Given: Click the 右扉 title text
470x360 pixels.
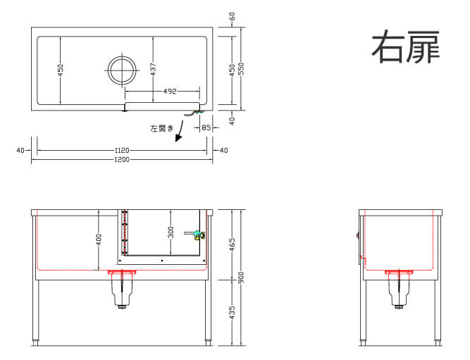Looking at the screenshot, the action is pyautogui.click(x=406, y=46).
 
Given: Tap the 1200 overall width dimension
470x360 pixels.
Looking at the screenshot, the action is pyautogui.click(x=122, y=159).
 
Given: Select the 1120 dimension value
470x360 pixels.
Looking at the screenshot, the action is pyautogui.click(x=122, y=150).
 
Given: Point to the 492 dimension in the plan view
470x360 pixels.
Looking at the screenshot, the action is pyautogui.click(x=170, y=91).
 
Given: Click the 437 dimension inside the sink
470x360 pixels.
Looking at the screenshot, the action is pyautogui.click(x=153, y=69).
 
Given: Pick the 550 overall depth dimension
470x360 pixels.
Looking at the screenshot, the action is pyautogui.click(x=241, y=68).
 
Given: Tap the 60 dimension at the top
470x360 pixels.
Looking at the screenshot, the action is pyautogui.click(x=232, y=16).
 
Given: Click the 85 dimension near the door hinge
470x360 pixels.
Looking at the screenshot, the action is pyautogui.click(x=206, y=128).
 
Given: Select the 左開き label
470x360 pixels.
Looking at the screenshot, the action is pyautogui.click(x=162, y=129).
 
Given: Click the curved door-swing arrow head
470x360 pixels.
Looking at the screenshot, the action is pyautogui.click(x=178, y=138).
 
